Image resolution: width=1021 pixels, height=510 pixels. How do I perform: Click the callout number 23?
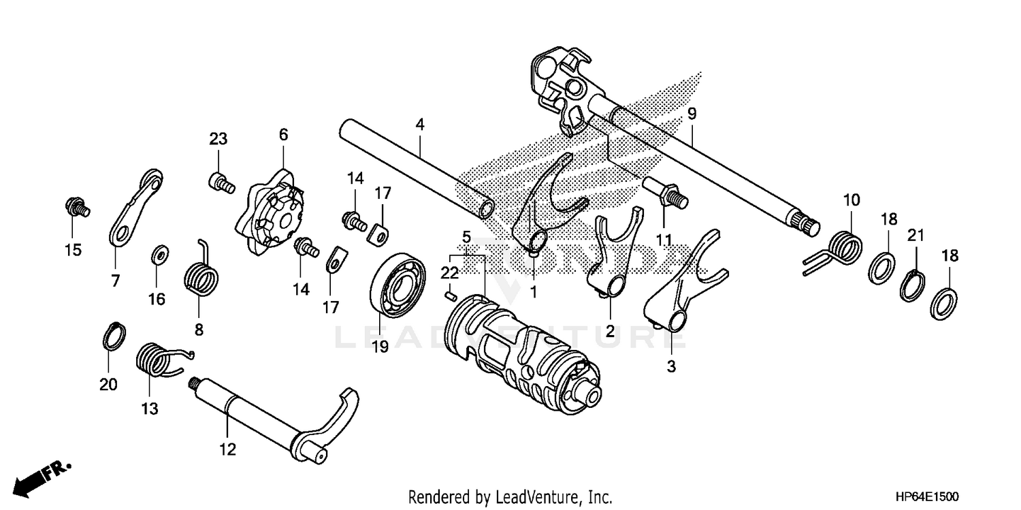point(218,140)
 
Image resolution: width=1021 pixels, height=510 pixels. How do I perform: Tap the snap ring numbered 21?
point(912,284)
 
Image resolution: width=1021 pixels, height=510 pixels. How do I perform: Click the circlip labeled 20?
point(115,335)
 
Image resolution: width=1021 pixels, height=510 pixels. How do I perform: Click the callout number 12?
point(227,449)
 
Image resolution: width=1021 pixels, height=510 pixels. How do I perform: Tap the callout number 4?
point(420,125)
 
